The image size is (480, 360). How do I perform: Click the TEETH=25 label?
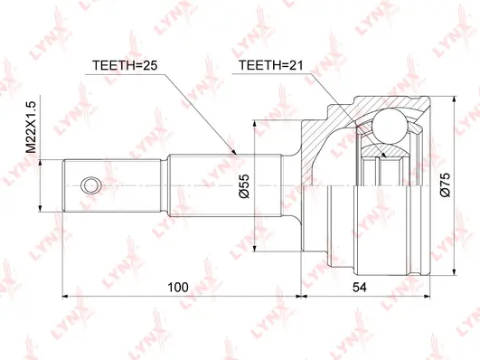coord(125,64)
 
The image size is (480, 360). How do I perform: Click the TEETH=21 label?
coord(268,64)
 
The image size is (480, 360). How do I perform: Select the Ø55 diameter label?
coord(243,184)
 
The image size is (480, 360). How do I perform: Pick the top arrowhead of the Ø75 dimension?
coord(452,93)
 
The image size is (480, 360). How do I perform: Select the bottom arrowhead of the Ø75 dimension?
coord(452,273)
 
